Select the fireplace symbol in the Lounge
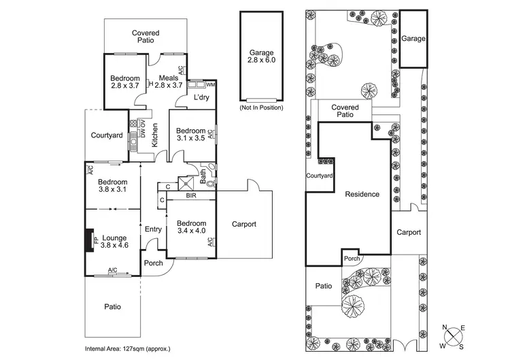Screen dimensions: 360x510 [x=89, y=240]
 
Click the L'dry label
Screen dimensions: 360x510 [x=200, y=98]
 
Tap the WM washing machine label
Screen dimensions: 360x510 [x=211, y=84]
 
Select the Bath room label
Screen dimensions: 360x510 [x=203, y=176]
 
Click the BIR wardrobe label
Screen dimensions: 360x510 [x=192, y=196]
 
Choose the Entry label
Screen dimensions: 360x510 [x=153, y=229]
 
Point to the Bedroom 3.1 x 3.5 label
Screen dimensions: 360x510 [x=190, y=135]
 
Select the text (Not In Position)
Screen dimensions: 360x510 [x=261, y=108]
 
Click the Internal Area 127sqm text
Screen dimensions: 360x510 [x=127, y=348]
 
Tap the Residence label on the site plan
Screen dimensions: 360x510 [x=362, y=194]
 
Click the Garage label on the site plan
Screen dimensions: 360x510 [x=413, y=39]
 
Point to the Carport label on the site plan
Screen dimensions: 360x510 [x=409, y=232]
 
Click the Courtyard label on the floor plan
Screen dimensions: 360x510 [x=107, y=135]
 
